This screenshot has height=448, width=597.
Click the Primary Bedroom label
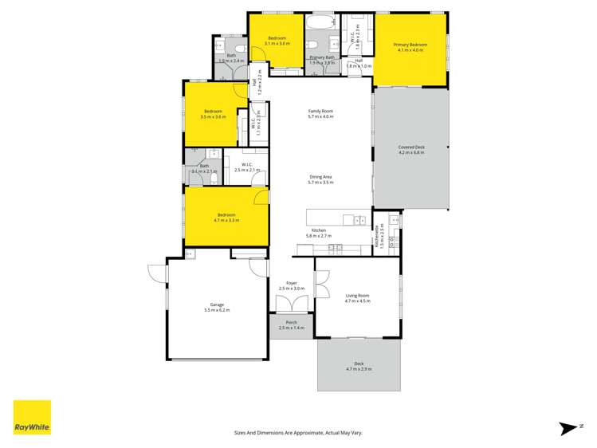click(x=410, y=47)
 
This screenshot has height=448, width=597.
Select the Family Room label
click(x=320, y=113)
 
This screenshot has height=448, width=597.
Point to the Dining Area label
click(x=320, y=179)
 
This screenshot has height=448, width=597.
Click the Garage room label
click(x=216, y=307)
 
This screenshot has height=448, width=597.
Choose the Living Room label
click(x=357, y=298)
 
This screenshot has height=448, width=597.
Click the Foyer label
click(x=292, y=285)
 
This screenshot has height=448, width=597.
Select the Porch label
click(x=291, y=325)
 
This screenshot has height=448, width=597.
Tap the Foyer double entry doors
click(x=288, y=304)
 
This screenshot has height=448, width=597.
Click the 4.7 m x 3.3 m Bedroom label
click(x=226, y=217)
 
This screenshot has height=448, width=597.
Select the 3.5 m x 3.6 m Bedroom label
click(x=214, y=114)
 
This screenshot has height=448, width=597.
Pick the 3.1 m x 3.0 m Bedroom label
click(x=277, y=41)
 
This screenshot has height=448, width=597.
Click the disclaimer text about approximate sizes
click(x=298, y=432)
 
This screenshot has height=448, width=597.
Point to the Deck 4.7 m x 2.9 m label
click(x=358, y=367)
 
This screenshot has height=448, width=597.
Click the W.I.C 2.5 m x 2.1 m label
click(x=247, y=167)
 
